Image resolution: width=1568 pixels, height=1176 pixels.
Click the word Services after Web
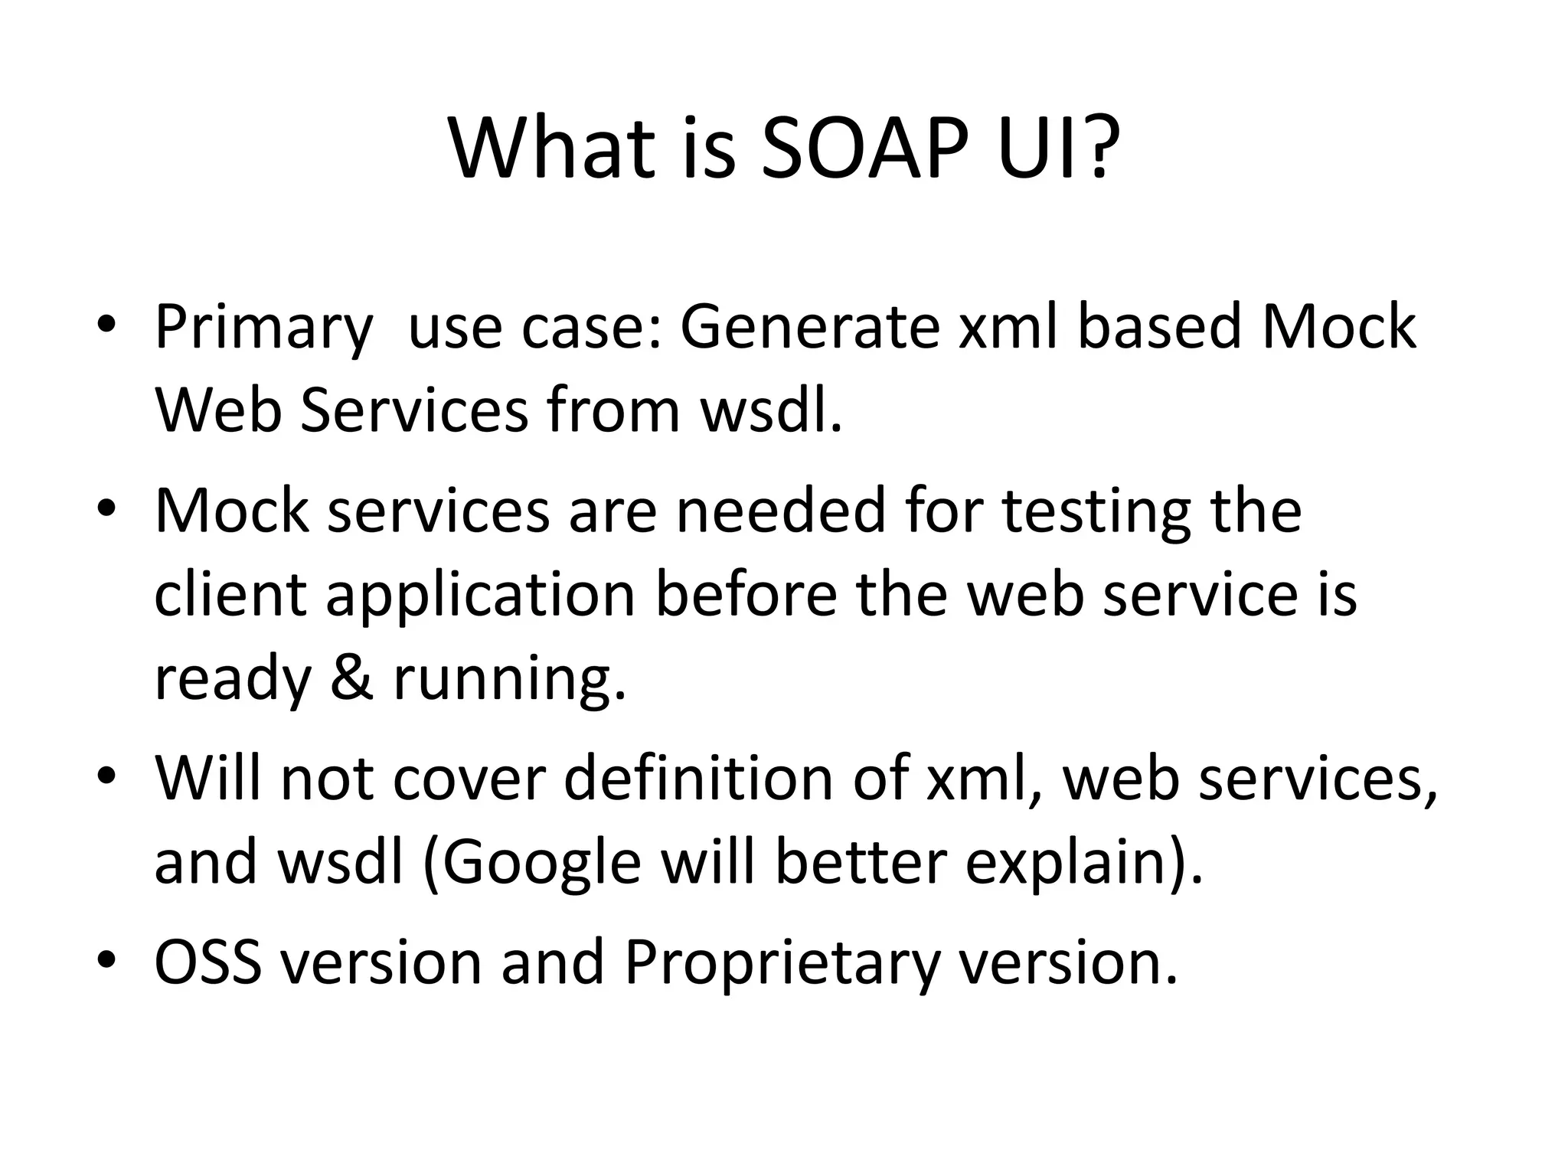click(x=414, y=410)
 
